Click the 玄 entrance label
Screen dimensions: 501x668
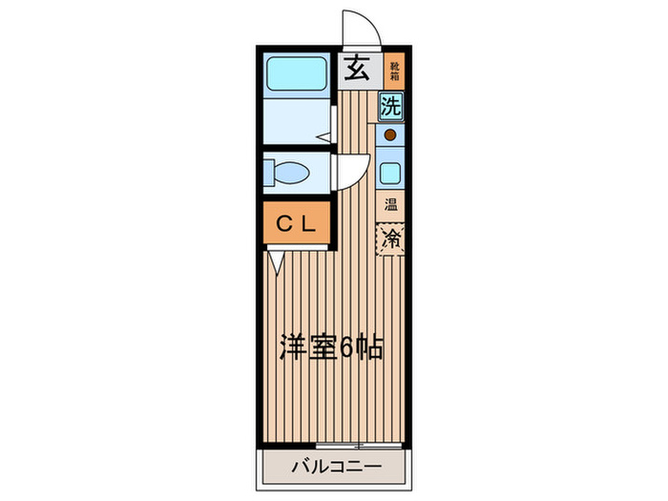[x=357, y=69]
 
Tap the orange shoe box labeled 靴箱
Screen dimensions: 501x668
[x=394, y=69]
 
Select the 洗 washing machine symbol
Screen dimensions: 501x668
[x=391, y=106]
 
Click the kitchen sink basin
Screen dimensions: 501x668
[x=390, y=173]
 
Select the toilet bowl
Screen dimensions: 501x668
[x=292, y=173]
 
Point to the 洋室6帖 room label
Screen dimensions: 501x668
[x=331, y=347]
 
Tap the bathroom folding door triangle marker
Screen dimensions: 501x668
[x=324, y=138]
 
